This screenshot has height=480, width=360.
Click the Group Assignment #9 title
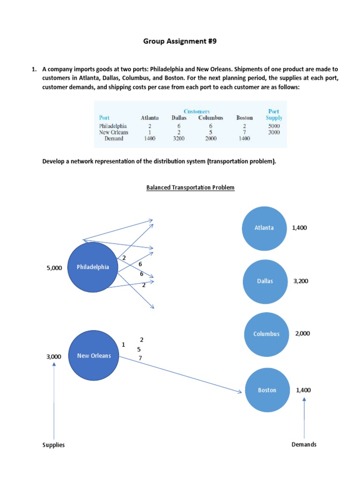click(x=180, y=42)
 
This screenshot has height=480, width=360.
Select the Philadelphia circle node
click(x=93, y=267)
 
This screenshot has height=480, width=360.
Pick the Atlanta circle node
click(x=264, y=228)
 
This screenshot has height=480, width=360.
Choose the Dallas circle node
click(x=264, y=281)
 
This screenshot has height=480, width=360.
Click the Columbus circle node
click(x=266, y=334)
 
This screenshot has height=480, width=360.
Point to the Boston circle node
click(x=267, y=390)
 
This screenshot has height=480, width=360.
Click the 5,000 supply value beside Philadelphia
click(x=54, y=268)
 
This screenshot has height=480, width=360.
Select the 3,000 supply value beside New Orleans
click(x=54, y=357)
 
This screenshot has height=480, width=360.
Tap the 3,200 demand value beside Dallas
click(x=300, y=281)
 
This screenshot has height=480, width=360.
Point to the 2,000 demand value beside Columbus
click(x=303, y=333)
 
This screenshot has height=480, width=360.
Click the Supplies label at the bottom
click(x=53, y=445)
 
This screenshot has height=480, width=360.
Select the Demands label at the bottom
click(x=304, y=444)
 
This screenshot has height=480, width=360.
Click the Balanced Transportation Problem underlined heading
click(x=190, y=187)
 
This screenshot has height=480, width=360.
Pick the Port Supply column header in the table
click(x=274, y=114)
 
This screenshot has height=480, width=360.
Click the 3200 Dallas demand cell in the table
click(x=179, y=138)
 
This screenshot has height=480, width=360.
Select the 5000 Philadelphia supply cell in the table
click(x=274, y=126)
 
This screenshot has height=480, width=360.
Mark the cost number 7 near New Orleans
click(x=140, y=358)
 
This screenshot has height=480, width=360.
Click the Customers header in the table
click(x=196, y=112)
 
